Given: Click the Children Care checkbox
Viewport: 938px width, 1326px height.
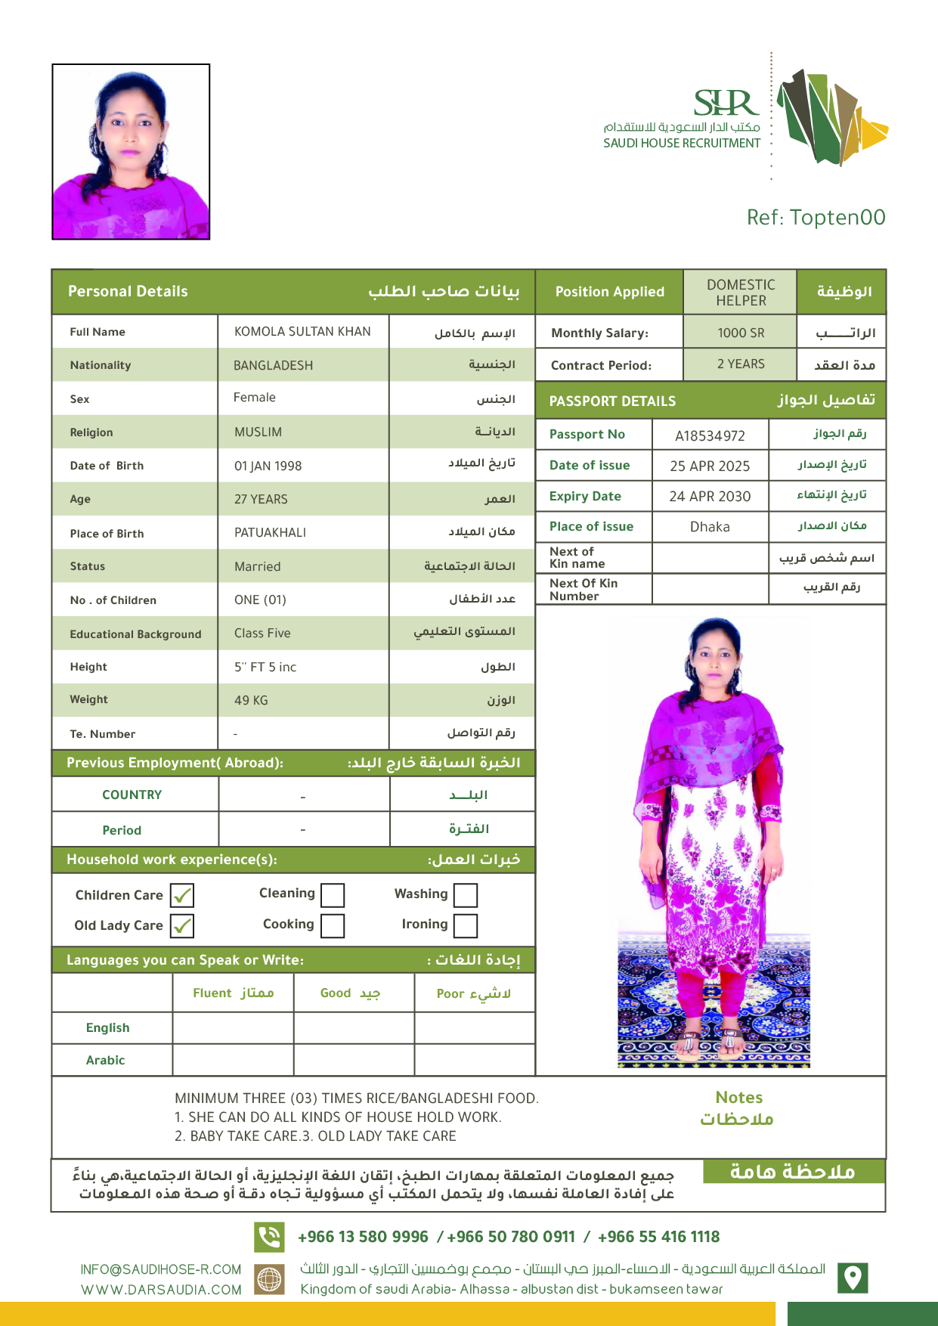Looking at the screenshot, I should coord(182,895).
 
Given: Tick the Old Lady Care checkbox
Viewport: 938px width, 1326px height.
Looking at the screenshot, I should coord(182,925).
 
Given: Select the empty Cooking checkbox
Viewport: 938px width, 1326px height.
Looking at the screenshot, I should coord(333,925).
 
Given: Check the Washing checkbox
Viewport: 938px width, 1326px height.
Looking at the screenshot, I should coord(466,895).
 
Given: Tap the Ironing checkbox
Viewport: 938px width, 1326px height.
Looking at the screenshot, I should coord(466,925).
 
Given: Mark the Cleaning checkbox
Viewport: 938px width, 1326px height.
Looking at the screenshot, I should coord(333,895).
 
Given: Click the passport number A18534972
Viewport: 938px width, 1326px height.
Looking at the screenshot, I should coord(710,435).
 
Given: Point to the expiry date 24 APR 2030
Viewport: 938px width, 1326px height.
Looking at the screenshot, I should coord(710,496).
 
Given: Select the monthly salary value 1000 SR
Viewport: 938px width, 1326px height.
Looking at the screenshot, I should coord(741,333).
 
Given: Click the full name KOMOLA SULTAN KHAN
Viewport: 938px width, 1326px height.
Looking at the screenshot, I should coord(302,331).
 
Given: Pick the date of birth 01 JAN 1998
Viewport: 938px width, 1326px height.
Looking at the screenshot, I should coord(268,466).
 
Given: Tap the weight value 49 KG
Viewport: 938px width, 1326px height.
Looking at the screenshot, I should coord(251,700).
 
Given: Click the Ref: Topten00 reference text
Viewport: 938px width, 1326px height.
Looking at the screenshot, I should coord(816,218).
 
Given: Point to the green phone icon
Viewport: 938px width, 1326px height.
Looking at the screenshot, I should coord(269,1237).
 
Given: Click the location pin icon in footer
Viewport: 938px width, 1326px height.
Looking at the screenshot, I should coord(853,1278).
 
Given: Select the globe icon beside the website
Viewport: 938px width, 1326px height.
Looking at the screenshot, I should coord(269,1279).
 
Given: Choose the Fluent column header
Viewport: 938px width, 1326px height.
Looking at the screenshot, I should coord(233,993).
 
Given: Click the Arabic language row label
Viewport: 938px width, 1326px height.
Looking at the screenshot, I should coord(106,1060).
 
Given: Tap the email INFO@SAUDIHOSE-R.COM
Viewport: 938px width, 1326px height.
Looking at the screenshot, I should coord(161,1269).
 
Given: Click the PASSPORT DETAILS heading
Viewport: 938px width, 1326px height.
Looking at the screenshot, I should coord(612,401).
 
